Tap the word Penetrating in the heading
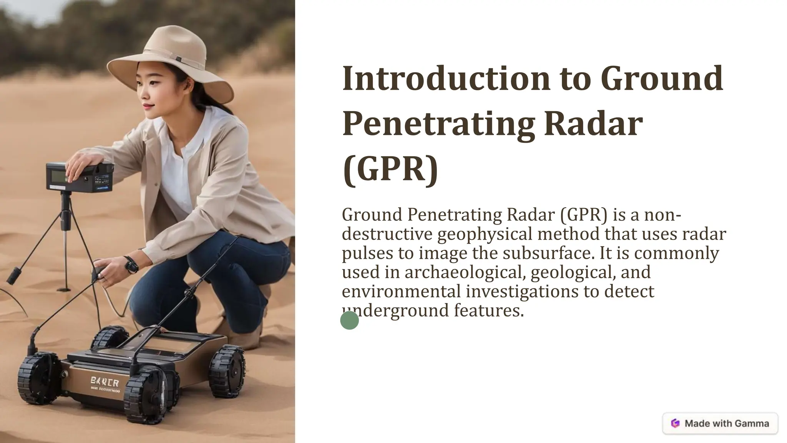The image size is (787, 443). pos(438,124)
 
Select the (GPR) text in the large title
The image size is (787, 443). pos(390,169)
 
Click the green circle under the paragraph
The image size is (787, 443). pos(349,320)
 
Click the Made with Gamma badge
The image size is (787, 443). pos(720,423)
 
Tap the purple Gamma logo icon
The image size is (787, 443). pos(675,423)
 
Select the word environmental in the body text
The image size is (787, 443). pos(401,291)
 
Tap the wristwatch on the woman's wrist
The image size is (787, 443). pos(131,265)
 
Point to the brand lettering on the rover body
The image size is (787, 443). pos(105,382)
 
